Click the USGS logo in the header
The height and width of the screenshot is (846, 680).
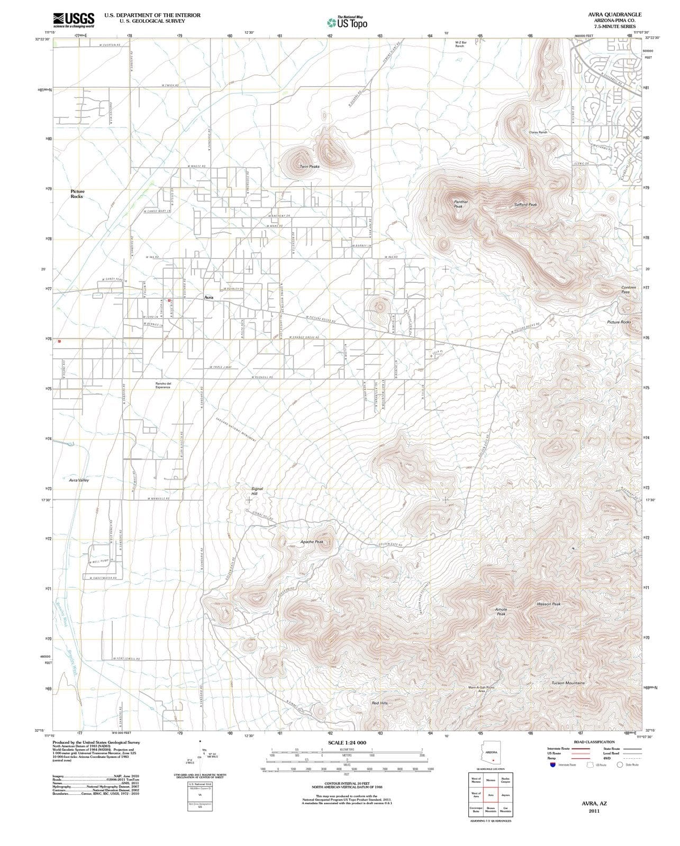[x=74, y=20]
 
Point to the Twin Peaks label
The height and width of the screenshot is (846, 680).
[x=310, y=167]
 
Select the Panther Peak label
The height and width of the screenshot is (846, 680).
[x=461, y=204]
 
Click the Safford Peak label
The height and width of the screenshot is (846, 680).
[x=525, y=205]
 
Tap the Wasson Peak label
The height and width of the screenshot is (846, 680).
[x=548, y=604]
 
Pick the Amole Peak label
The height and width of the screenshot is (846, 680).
[x=501, y=611]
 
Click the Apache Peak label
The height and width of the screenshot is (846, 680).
[x=312, y=542]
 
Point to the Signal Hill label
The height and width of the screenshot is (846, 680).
[x=257, y=492]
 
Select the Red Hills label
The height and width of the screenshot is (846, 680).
[x=380, y=703]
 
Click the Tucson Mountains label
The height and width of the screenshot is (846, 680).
[x=568, y=683]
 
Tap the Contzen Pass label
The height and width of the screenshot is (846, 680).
[x=628, y=289]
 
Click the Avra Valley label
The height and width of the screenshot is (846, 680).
[x=79, y=480]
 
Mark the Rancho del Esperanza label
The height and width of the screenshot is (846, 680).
[x=162, y=385]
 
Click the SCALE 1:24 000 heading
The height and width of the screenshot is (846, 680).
[x=347, y=742]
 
